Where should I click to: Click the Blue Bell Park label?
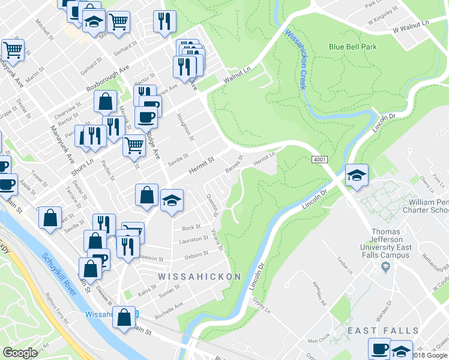(352, 47)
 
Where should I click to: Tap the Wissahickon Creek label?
(295, 59)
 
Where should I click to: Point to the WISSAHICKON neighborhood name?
(199, 277)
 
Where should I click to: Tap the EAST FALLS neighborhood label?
(383, 331)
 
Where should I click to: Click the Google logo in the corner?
(20, 353)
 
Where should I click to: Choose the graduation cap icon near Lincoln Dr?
(357, 176)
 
